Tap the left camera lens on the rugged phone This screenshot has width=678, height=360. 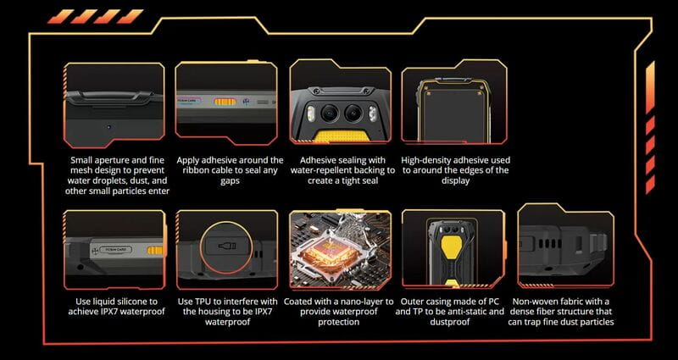329,113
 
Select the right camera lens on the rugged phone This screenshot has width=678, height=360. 353,113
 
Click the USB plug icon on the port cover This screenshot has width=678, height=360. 226,246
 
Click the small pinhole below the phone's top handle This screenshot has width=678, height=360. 108,127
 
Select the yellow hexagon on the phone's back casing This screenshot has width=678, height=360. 452,246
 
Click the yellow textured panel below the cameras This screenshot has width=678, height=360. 342,136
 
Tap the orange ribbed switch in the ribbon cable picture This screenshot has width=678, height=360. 225,102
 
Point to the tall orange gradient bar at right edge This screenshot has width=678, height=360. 650,88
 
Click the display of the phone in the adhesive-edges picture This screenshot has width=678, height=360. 454,114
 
